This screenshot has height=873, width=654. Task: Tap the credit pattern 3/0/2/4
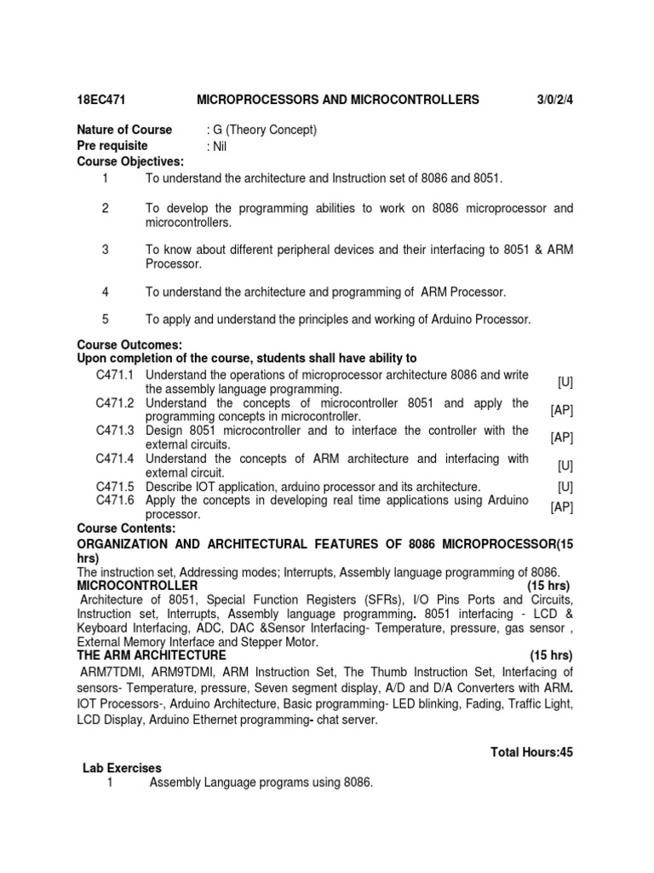pos(554,101)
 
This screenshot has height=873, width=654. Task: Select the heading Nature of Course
pos(124,130)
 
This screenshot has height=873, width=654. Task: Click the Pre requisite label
pos(112,146)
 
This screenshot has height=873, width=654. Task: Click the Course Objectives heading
pos(130,162)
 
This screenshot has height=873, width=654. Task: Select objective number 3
pos(106,250)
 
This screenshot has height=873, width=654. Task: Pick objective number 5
pos(106,319)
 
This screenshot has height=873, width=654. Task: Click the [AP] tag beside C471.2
pos(562,410)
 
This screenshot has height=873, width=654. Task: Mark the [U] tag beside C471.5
pos(565,487)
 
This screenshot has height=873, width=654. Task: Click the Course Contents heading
pos(127,529)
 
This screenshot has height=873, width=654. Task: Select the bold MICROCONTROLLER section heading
pos(137,586)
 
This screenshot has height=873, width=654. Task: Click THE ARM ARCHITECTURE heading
pos(152,655)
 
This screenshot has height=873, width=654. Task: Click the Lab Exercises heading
pos(122,768)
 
